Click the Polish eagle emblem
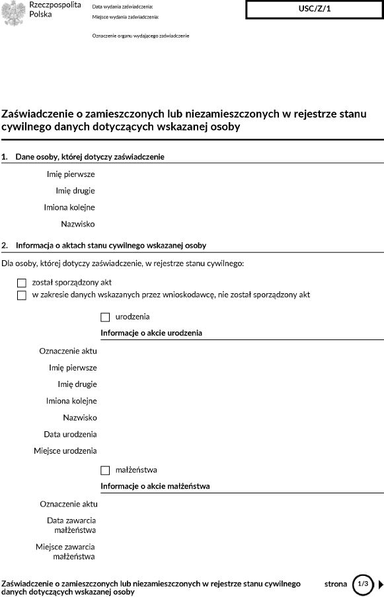(x=14, y=13)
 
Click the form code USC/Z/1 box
(x=314, y=9)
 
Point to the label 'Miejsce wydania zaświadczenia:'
(x=129, y=17)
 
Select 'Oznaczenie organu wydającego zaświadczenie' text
(x=141, y=36)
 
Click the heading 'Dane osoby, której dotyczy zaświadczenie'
(x=90, y=157)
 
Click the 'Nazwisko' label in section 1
(x=77, y=224)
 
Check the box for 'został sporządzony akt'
(x=22, y=283)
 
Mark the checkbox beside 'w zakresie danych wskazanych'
(x=22, y=295)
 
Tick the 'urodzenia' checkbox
(x=105, y=317)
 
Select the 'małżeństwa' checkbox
(x=105, y=470)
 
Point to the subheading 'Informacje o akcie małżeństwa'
(x=155, y=487)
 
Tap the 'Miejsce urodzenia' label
(x=65, y=450)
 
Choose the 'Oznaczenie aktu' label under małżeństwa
(x=68, y=504)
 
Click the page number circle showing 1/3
(x=362, y=584)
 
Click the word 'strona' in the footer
(x=336, y=584)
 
